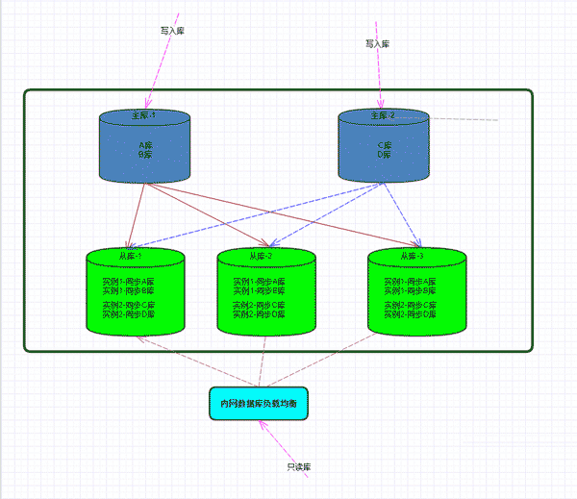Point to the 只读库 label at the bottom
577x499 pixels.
[298, 467]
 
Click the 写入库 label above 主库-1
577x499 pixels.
[172, 31]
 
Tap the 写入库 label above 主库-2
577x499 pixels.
[378, 44]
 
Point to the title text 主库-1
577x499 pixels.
[143, 115]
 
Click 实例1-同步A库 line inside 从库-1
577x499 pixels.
[128, 282]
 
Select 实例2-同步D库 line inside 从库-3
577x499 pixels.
[410, 314]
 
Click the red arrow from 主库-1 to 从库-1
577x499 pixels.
[138, 213]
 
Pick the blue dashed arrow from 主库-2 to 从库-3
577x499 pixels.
[401, 212]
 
